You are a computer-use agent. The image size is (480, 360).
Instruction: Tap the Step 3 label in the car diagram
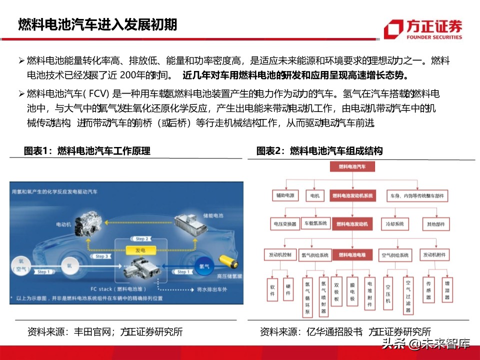(101, 256)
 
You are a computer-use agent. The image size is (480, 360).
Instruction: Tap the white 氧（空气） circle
(21, 265)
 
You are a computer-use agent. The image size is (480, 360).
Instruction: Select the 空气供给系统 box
(395, 255)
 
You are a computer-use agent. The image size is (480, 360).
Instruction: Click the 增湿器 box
(447, 289)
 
